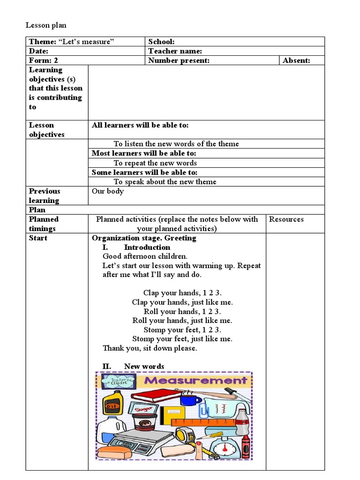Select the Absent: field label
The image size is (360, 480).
[x=296, y=60]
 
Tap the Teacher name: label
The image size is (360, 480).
[x=175, y=51]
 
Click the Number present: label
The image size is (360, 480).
[x=179, y=60]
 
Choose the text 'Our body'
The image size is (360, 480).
[x=108, y=191]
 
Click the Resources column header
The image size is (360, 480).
[x=286, y=219]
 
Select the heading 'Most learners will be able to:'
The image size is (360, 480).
[x=144, y=153]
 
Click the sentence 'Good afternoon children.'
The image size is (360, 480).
[x=145, y=256]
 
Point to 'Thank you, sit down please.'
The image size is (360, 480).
[x=150, y=348]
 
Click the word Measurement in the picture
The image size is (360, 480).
[x=195, y=380]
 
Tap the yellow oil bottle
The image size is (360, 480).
[x=112, y=403]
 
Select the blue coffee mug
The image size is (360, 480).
[x=189, y=400]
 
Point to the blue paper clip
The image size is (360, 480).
[x=203, y=412]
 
